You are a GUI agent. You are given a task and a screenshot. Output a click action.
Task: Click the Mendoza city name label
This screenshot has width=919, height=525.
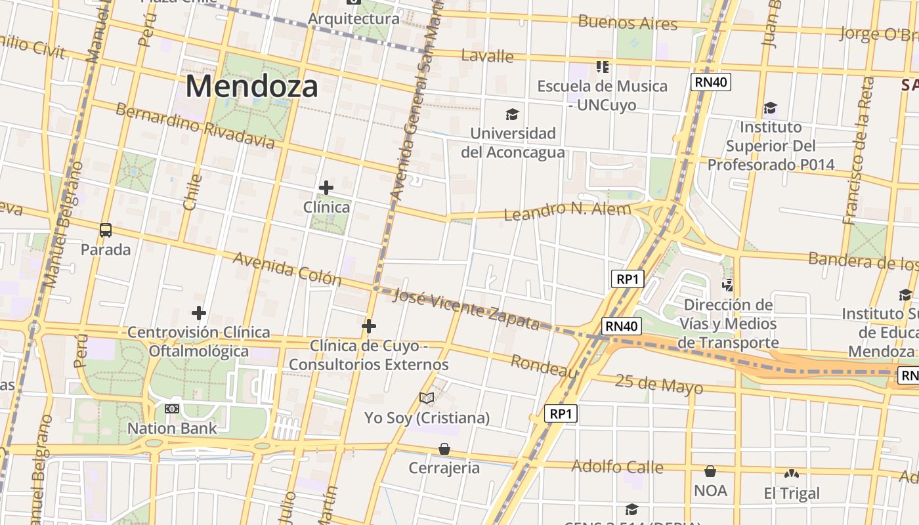[x=252, y=86]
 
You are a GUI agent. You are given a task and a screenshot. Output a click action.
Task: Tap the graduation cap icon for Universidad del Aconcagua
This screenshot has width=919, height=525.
[x=513, y=114]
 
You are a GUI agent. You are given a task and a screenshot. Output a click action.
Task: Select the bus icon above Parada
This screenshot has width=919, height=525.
[x=106, y=230]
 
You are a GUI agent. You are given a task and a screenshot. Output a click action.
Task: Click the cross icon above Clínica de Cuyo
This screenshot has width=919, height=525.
[x=369, y=326]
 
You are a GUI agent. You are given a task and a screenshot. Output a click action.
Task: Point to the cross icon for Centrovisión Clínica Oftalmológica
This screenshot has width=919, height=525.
[x=198, y=313]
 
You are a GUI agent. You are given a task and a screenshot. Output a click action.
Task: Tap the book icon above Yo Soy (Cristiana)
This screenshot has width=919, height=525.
[x=427, y=398]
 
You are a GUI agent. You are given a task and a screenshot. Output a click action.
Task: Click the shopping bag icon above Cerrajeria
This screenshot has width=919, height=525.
[x=444, y=449]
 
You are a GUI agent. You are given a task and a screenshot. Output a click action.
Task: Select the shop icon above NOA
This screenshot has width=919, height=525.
[x=710, y=471]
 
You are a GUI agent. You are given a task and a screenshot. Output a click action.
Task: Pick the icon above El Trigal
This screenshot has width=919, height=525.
[x=792, y=473]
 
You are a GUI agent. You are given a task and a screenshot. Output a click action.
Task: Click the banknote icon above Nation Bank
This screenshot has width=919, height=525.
[x=172, y=409]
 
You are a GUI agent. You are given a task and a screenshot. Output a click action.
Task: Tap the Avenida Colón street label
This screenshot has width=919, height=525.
[x=288, y=269]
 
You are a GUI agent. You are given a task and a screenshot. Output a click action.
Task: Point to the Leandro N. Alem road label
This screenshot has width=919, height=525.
[x=567, y=211]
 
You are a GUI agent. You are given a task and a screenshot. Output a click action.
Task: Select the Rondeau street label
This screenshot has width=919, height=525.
[x=544, y=366]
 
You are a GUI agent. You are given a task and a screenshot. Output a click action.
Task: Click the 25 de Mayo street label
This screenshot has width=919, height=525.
[x=659, y=384]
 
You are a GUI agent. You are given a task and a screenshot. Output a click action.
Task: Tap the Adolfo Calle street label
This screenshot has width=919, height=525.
[x=617, y=467]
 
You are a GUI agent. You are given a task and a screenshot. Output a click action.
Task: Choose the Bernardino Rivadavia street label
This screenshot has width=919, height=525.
[x=195, y=125]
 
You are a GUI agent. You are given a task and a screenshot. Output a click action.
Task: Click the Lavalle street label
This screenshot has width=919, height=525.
[x=487, y=56]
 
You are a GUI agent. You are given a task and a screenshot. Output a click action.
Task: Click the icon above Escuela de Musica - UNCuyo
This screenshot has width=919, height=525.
[x=602, y=66]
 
